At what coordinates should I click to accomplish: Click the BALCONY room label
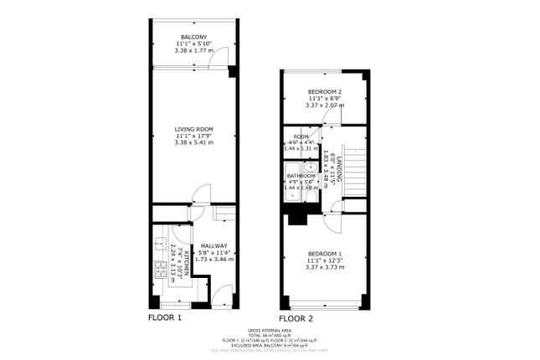pos(194,37)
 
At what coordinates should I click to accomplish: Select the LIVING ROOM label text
pos(194,129)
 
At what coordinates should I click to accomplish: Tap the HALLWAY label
pos(213,246)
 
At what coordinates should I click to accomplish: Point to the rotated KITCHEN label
pos(174,264)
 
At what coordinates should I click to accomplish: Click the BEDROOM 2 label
pos(324,91)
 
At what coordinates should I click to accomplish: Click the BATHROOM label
pos(301,176)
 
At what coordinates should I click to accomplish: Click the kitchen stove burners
pos(159,270)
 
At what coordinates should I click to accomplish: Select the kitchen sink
pos(158,244)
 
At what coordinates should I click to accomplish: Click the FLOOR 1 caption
pos(165,318)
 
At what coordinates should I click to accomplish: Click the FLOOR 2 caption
pos(296,319)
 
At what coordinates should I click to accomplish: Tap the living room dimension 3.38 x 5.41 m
pos(194,142)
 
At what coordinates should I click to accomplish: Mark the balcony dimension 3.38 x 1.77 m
pos(194,50)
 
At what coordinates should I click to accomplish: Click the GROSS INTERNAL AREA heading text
pos(270,331)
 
